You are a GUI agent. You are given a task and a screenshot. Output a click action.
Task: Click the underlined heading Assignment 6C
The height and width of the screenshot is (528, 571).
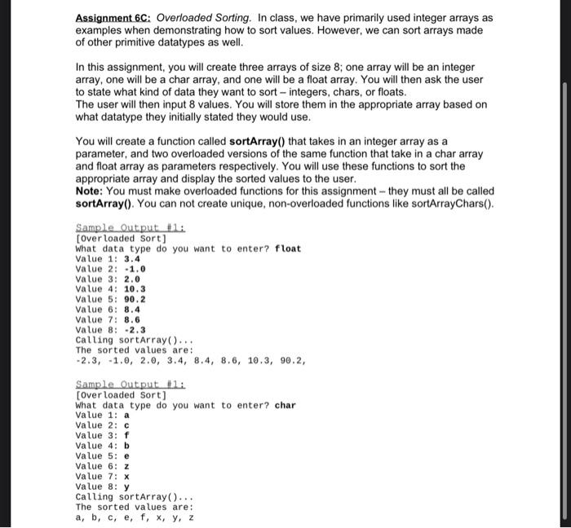113,17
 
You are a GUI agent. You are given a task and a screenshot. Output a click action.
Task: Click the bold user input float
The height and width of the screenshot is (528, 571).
288,248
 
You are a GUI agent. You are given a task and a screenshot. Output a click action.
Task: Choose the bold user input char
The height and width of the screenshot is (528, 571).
285,405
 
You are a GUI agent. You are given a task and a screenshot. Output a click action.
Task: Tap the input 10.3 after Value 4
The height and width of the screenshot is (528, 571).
135,288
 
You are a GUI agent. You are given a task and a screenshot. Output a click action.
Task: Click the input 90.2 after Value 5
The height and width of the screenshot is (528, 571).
135,299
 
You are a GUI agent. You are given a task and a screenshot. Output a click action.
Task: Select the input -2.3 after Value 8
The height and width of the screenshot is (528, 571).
135,329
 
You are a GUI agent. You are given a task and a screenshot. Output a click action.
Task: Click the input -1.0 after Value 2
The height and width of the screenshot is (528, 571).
135,268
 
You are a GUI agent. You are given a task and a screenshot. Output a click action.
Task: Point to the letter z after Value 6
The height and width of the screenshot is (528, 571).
126,466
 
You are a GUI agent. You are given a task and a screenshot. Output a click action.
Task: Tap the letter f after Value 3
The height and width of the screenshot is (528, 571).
126,435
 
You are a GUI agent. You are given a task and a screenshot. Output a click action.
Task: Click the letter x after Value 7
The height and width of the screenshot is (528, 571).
126,476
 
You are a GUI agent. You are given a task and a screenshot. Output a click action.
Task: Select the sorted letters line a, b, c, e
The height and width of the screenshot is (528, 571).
135,517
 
